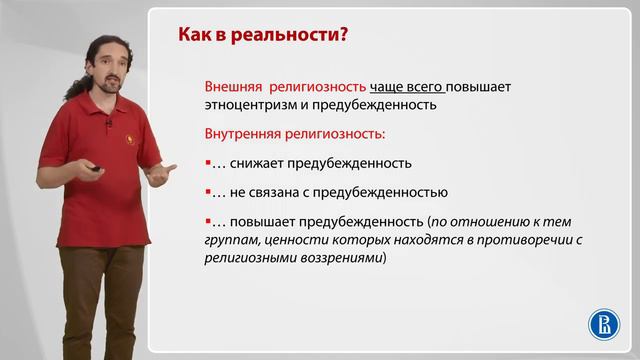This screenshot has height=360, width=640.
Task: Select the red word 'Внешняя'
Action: pos(231,86)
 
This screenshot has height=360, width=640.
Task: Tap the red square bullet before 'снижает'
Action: pos(207,162)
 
